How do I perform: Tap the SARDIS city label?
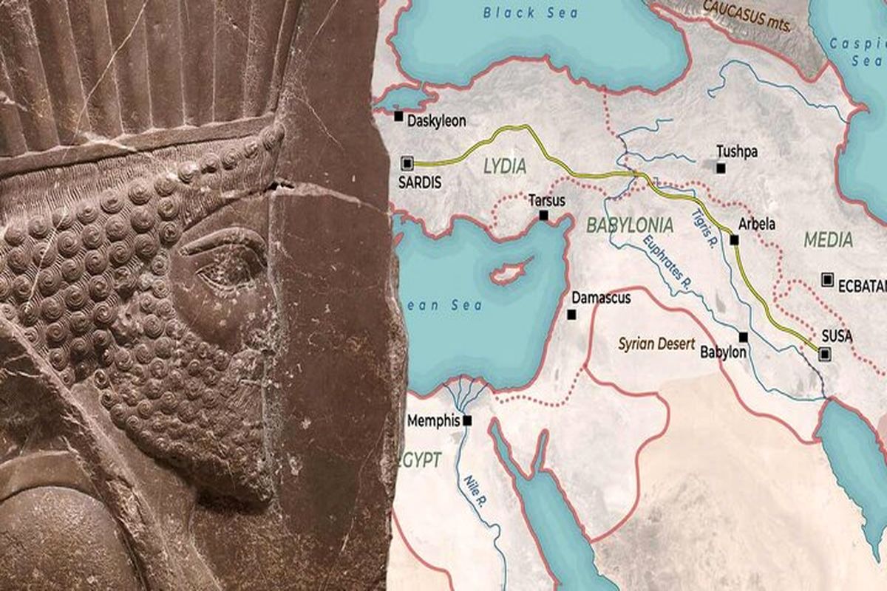pyautogui.click(x=419, y=181)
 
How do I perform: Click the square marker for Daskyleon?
pyautogui.click(x=398, y=116)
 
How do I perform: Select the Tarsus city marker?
pyautogui.click(x=543, y=215)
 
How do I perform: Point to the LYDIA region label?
pyautogui.click(x=505, y=166)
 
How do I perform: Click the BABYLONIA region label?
pyautogui.click(x=629, y=225)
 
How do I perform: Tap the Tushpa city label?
pyautogui.click(x=737, y=151)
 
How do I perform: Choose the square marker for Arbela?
pyautogui.click(x=734, y=239)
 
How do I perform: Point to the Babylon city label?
pyautogui.click(x=723, y=353)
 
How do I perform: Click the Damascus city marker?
pyautogui.click(x=571, y=315)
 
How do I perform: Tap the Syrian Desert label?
pyautogui.click(x=656, y=344)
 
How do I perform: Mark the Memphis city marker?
pyautogui.click(x=467, y=420)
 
